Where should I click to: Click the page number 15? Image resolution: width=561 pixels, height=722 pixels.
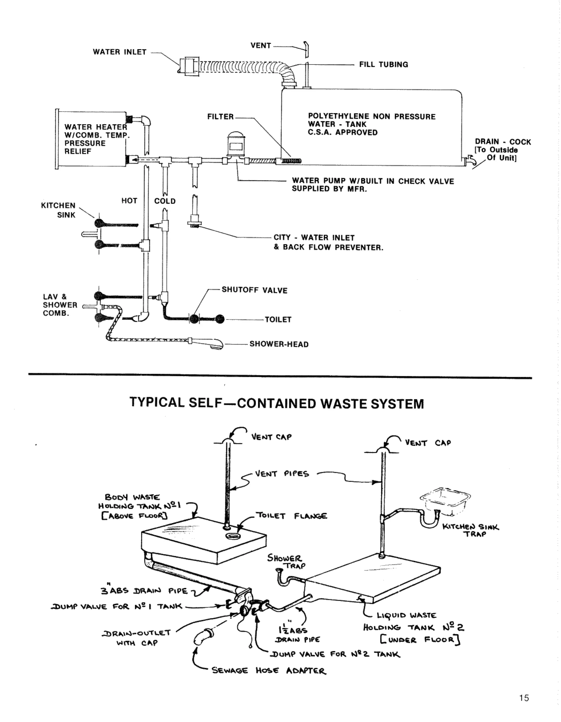[524, 698]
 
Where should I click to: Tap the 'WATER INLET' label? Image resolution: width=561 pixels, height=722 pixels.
[119, 52]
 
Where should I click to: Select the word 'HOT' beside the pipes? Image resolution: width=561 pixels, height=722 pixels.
[129, 201]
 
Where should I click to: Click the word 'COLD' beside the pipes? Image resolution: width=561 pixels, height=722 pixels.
[165, 201]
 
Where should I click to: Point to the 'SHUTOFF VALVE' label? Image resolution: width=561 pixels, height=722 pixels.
[254, 290]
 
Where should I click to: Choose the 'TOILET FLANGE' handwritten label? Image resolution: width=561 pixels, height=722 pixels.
[291, 516]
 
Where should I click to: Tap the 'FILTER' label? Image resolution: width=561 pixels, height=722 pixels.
[220, 117]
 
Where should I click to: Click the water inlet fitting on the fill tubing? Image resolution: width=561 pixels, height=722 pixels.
[189, 66]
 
